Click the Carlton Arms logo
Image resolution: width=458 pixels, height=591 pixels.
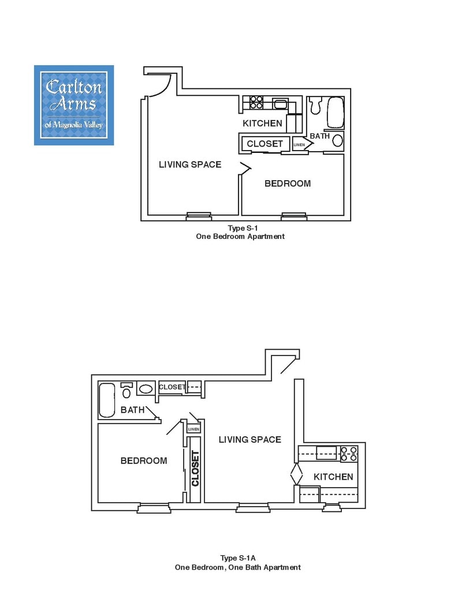point(74,105)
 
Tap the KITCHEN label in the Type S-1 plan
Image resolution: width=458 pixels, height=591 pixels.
point(262,124)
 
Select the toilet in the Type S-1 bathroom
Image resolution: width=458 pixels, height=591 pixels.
point(315,105)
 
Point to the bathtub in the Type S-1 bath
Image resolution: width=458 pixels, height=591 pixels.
point(336,113)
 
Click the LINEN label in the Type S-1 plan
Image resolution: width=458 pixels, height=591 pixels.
point(299,145)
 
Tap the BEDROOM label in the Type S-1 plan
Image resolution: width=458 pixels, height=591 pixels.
point(288,184)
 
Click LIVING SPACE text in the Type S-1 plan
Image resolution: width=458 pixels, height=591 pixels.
point(190,164)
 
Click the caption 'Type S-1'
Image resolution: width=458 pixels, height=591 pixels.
point(243,228)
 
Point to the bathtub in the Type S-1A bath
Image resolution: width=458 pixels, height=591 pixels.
point(106,400)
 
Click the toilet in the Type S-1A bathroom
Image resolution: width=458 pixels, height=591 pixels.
point(126,391)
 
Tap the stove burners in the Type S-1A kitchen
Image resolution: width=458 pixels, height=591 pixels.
point(349,454)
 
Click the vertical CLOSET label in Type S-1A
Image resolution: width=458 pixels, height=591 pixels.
point(195,469)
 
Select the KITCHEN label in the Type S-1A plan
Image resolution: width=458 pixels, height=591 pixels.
point(333,477)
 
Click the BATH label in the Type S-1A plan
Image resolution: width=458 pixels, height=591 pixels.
point(132,410)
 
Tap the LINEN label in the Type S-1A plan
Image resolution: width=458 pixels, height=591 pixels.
point(193,429)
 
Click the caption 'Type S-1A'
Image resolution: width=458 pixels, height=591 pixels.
point(238,558)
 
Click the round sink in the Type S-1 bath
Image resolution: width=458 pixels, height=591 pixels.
point(337,141)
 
